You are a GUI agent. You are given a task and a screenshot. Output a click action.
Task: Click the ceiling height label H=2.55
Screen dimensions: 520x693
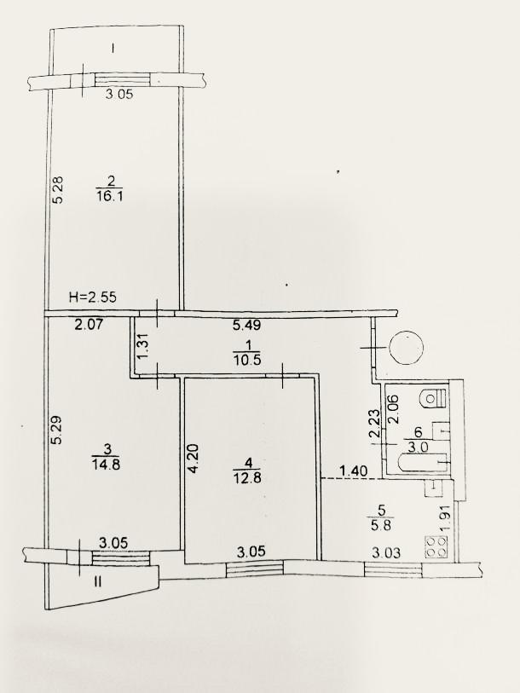pyautogui.click(x=93, y=297)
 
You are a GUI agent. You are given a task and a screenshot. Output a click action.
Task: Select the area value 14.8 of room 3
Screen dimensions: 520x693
pyautogui.click(x=106, y=465)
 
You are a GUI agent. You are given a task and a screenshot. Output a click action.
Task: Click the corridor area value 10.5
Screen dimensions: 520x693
pyautogui.click(x=247, y=360)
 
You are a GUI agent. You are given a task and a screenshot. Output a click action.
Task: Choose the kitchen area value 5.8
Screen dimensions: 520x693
pyautogui.click(x=380, y=525)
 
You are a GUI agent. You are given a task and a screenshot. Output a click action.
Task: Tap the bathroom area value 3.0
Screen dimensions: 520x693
pyautogui.click(x=418, y=447)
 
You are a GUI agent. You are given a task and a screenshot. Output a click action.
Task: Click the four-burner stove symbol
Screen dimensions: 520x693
pyautogui.click(x=436, y=546)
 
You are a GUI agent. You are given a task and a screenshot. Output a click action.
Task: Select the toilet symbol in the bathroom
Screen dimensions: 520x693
pyautogui.click(x=434, y=397)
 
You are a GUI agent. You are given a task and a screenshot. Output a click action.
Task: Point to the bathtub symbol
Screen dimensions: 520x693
pyautogui.click(x=423, y=463)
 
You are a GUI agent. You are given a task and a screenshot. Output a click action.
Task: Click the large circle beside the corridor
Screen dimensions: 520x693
pyautogui.click(x=406, y=348)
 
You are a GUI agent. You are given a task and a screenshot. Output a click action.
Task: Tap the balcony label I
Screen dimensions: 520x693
pyautogui.click(x=113, y=48)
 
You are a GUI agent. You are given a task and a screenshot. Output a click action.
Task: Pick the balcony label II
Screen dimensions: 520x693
pyautogui.click(x=97, y=582)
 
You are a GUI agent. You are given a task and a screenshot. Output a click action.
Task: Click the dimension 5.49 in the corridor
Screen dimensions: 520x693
pyautogui.click(x=246, y=326)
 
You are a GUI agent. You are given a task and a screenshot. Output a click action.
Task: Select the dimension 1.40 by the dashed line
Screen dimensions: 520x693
pyautogui.click(x=353, y=471)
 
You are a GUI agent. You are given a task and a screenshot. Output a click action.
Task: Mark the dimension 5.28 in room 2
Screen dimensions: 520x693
pyautogui.click(x=58, y=190)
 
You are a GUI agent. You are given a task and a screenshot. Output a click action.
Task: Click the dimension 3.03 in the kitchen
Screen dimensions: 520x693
pyautogui.click(x=386, y=552)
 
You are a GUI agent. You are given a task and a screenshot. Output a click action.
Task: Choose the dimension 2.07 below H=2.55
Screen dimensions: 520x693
pyautogui.click(x=89, y=326)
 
